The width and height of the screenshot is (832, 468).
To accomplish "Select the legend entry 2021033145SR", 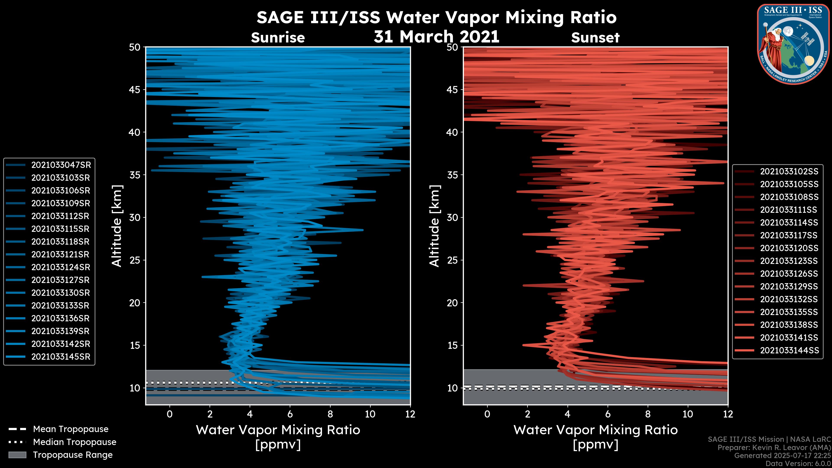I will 61,357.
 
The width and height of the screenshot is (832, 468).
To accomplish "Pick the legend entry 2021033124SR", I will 61,267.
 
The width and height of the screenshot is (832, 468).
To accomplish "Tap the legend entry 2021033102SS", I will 789,172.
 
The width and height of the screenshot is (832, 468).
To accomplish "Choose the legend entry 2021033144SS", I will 789,350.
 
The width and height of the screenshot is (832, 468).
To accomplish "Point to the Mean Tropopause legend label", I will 71,429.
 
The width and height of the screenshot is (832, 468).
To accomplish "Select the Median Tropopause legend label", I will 75,442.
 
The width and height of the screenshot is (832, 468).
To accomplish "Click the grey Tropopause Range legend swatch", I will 17,455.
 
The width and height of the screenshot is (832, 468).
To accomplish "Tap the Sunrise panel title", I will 278,38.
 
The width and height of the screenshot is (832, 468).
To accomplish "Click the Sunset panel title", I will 595,38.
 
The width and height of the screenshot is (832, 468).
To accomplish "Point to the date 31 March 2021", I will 436,36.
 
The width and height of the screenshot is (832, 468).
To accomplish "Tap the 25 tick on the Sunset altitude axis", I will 452,260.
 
